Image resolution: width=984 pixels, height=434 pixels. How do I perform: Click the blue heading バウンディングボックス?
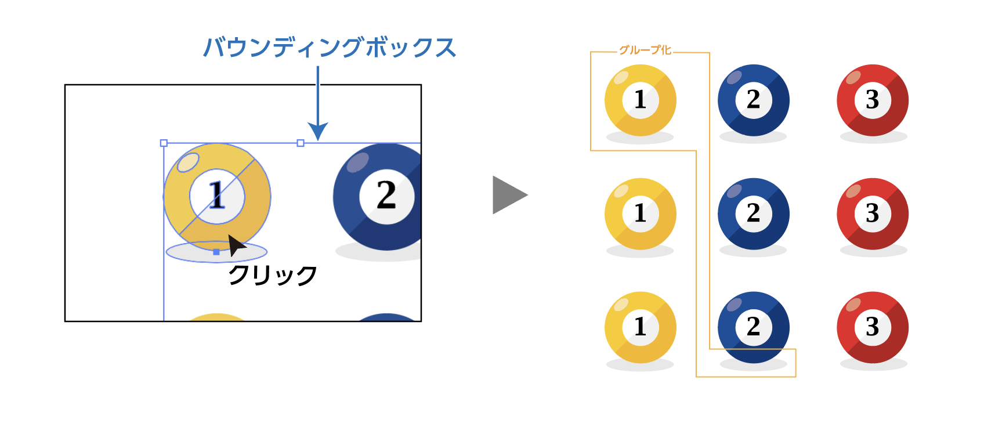click(330, 48)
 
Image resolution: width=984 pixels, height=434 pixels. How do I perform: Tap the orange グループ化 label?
click(645, 50)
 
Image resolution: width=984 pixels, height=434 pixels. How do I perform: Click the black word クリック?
click(272, 276)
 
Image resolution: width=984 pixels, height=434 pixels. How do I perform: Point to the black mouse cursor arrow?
click(236, 245)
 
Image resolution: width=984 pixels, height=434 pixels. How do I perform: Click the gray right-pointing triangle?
click(509, 195)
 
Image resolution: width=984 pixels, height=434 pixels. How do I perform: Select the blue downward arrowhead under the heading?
click(317, 131)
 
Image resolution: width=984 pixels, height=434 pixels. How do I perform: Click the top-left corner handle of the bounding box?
click(164, 143)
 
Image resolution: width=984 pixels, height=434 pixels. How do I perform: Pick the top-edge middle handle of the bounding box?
click(301, 143)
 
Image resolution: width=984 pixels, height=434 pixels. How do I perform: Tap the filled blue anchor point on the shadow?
click(216, 252)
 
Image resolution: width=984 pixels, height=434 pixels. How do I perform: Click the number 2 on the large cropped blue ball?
click(386, 194)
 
